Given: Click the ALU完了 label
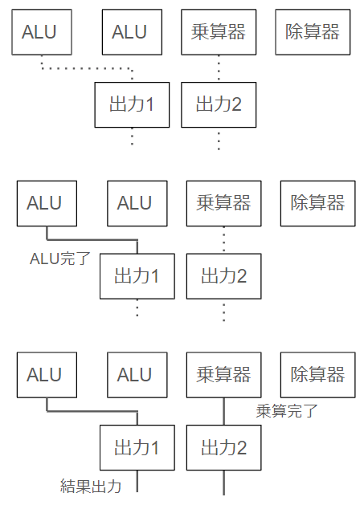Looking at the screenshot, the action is point(60,259).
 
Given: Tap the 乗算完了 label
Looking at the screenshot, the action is point(287,411).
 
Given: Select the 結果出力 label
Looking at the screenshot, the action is point(91,487).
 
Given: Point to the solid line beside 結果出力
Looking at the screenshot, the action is point(137,481).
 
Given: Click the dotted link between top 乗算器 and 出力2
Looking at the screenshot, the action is point(219,68).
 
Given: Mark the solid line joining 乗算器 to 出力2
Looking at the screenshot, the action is point(224,411).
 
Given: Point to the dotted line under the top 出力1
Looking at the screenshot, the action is point(132,136).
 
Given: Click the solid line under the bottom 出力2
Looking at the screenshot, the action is point(224,483).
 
